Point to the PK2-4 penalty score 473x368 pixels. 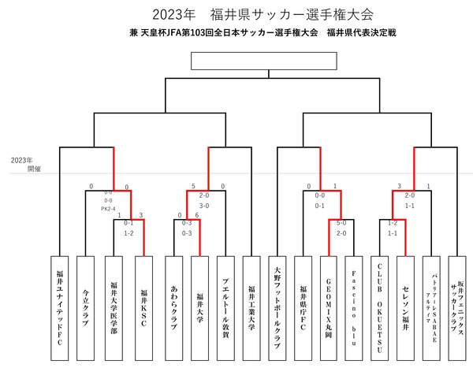click(x=109, y=208)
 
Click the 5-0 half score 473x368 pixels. click(x=341, y=223)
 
